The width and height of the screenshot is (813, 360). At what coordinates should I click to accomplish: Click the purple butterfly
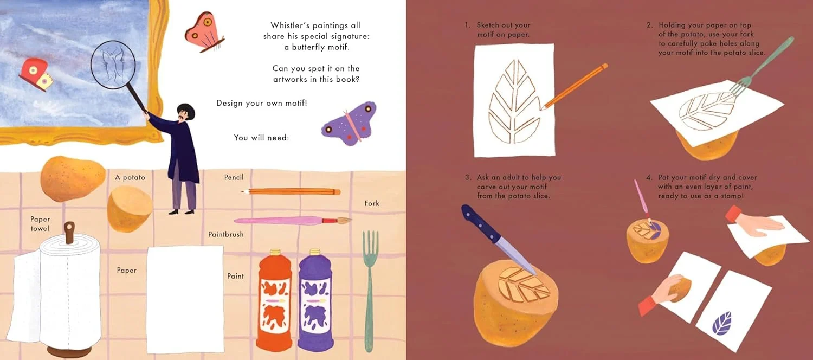[x=349, y=124]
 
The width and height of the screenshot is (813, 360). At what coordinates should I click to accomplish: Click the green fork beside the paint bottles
[x=370, y=290]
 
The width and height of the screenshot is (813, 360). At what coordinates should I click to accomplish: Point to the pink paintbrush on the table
[x=293, y=220]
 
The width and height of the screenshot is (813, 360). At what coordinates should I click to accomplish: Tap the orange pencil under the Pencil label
[x=291, y=191]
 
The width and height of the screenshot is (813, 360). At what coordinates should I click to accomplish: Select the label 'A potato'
[x=130, y=177]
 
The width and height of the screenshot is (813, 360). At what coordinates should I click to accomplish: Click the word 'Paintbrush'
[x=226, y=234]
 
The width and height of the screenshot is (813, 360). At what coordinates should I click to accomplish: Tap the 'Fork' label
[x=372, y=203]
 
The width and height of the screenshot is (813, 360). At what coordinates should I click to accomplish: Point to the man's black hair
[x=186, y=109]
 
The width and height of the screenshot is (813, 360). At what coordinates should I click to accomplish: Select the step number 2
[x=649, y=25]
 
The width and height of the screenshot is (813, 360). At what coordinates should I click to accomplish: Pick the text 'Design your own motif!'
[x=262, y=103]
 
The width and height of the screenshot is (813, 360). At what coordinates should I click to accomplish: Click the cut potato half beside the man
[x=130, y=209]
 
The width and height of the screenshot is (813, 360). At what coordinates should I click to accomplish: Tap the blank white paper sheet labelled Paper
[x=185, y=299]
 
